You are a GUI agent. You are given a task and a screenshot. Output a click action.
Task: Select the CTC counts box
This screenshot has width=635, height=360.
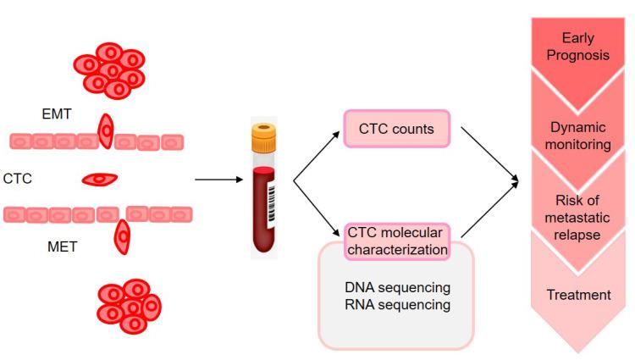(395, 130)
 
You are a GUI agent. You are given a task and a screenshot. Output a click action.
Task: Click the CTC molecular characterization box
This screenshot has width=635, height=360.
(395, 240)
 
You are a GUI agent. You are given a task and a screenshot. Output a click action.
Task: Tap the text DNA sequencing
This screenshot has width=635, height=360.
(396, 288)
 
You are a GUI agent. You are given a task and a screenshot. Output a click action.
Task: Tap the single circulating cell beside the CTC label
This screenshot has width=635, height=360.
(99, 179)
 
